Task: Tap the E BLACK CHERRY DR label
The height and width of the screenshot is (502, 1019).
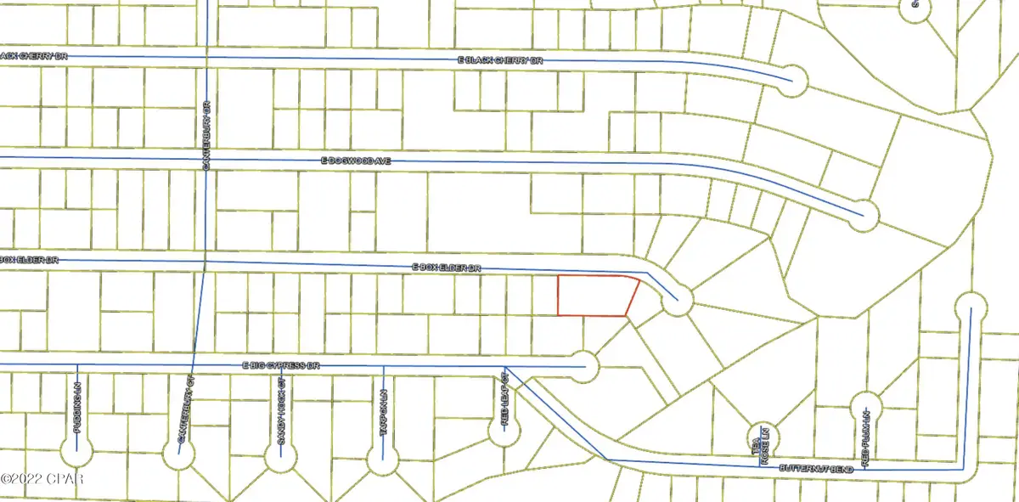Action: coord(500,61)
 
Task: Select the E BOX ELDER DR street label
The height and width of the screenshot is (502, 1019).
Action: coord(447,268)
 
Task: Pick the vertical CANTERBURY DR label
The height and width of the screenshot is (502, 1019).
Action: coord(207,134)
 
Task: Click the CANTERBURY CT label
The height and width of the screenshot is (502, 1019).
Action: coord(181,414)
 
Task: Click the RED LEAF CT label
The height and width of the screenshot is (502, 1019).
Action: coord(504,398)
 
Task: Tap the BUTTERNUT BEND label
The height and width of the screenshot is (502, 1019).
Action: coord(812,468)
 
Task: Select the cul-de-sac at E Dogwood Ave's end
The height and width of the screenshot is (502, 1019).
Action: coord(864,214)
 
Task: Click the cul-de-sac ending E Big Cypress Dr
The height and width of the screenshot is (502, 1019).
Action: coord(584,366)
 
